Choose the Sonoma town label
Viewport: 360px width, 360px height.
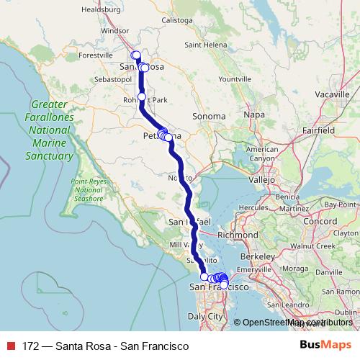210,115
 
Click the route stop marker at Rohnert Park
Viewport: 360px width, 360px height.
142,96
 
